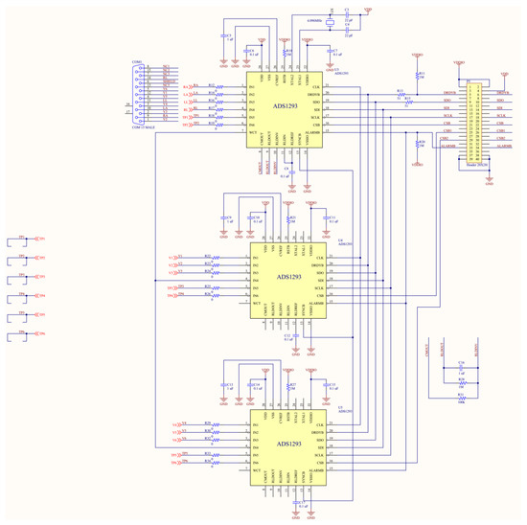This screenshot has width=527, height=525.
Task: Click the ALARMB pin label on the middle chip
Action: (x=316, y=304)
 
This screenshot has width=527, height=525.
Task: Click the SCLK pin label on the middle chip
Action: (x=318, y=286)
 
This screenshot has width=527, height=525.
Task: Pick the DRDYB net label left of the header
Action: (x=447, y=93)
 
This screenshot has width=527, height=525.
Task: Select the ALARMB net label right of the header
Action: (x=505, y=147)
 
